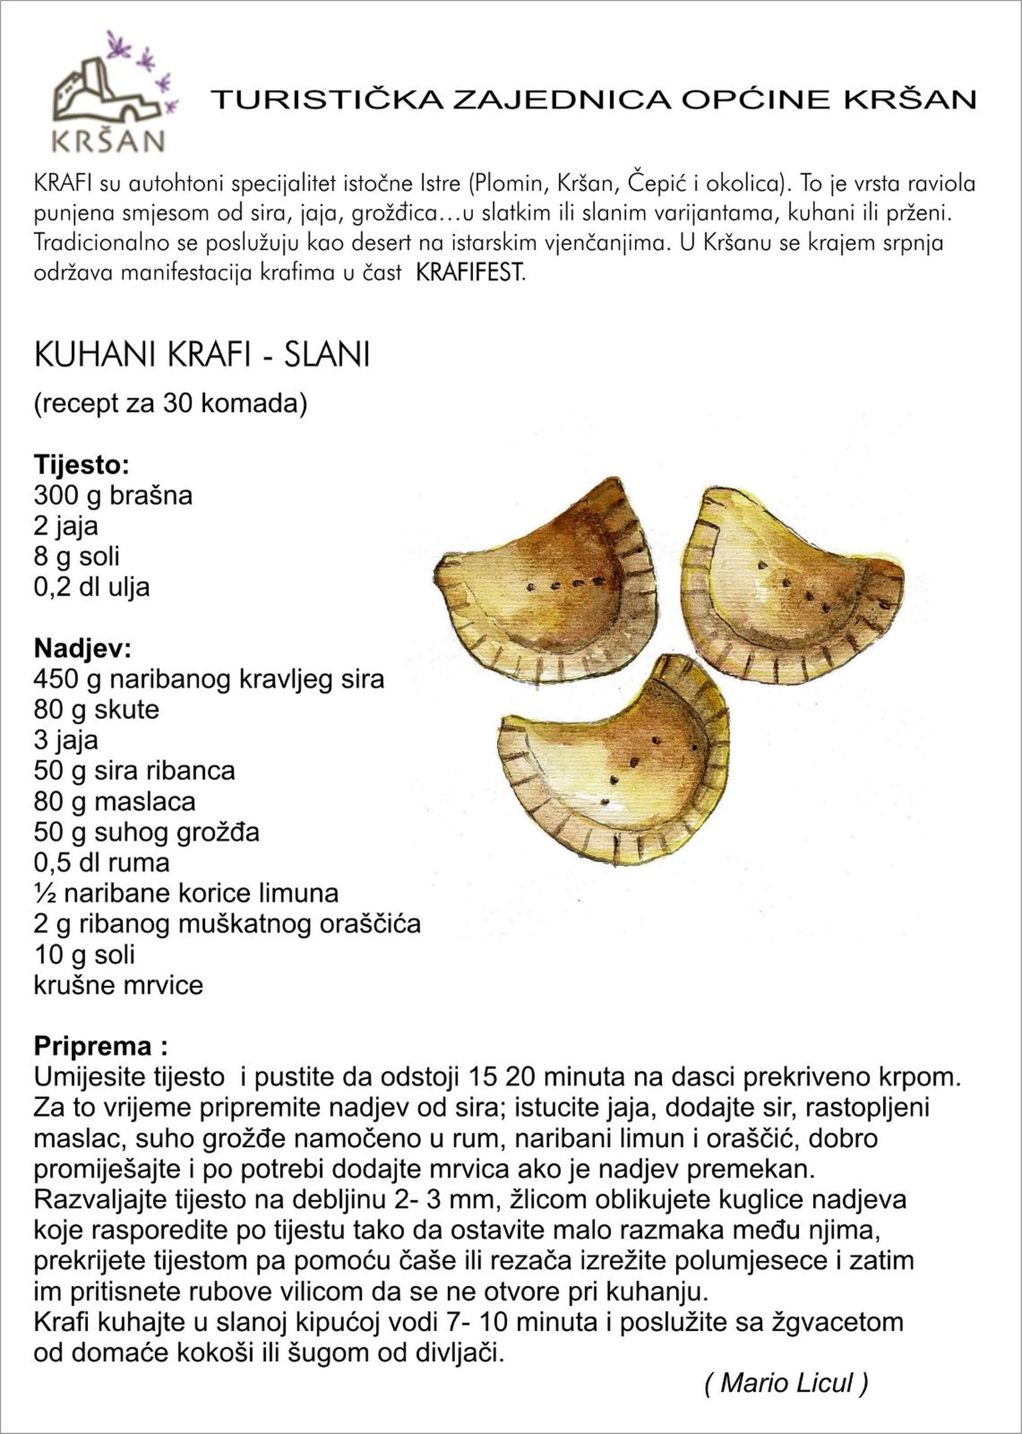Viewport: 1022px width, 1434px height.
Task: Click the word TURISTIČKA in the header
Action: [x=325, y=99]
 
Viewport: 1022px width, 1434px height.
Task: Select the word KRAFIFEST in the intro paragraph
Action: [x=470, y=273]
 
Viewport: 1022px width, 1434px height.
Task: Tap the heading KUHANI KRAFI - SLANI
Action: [x=202, y=356]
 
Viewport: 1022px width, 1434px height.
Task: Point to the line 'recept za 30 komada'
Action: [x=170, y=404]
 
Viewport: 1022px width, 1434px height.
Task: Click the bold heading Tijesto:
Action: [x=81, y=465]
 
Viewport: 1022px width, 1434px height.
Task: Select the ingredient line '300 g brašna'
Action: [x=113, y=495]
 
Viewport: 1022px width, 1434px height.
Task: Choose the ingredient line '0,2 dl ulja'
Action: [x=92, y=587]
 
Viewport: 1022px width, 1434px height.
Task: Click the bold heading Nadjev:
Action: [x=83, y=648]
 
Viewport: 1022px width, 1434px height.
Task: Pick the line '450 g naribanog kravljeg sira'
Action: [x=209, y=679]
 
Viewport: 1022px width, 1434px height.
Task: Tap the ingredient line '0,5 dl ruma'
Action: [x=102, y=863]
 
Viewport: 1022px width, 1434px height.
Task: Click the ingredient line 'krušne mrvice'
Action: [x=118, y=985]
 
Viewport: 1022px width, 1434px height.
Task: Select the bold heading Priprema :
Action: [x=100, y=1047]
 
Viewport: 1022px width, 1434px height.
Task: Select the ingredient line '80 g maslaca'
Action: [x=114, y=802]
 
